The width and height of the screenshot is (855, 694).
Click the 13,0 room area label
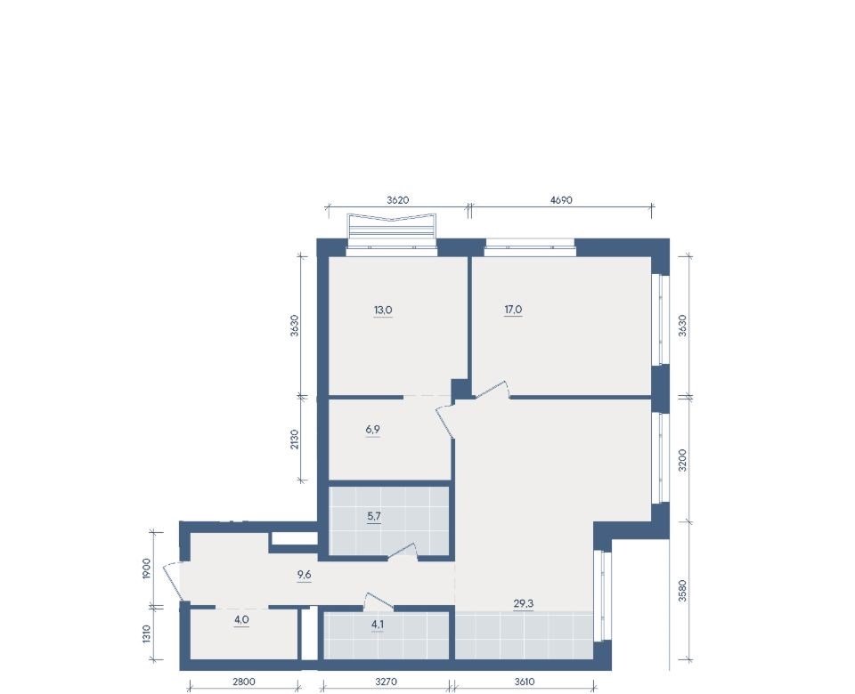[383, 310]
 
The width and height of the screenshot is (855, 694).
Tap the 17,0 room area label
[513, 310]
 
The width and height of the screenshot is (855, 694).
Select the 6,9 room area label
[373, 429]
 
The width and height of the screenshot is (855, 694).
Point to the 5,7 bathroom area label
[373, 516]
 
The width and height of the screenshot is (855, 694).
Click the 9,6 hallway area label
[304, 575]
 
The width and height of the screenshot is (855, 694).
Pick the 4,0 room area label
[241, 619]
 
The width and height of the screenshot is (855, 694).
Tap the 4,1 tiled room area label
[378, 625]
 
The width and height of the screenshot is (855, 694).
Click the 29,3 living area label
[524, 603]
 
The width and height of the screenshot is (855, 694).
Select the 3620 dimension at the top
[398, 200]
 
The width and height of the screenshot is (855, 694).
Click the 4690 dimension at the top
[561, 200]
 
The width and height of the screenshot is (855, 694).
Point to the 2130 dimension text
[295, 439]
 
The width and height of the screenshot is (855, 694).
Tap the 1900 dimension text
[146, 569]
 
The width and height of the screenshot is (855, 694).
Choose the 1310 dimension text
[146, 634]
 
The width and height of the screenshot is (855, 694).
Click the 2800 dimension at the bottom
[244, 682]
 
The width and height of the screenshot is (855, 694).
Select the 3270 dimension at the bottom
[386, 682]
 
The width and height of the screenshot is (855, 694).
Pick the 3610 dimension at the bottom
[524, 682]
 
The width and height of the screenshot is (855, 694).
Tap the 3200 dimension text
[682, 460]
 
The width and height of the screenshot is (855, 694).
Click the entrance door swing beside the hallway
[174, 581]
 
